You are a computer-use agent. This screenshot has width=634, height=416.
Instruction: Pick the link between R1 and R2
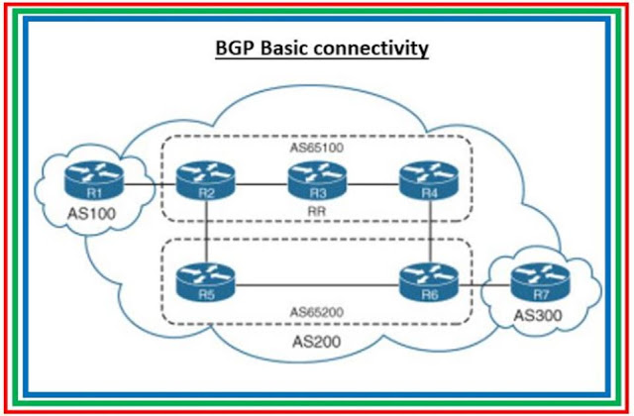149,184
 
